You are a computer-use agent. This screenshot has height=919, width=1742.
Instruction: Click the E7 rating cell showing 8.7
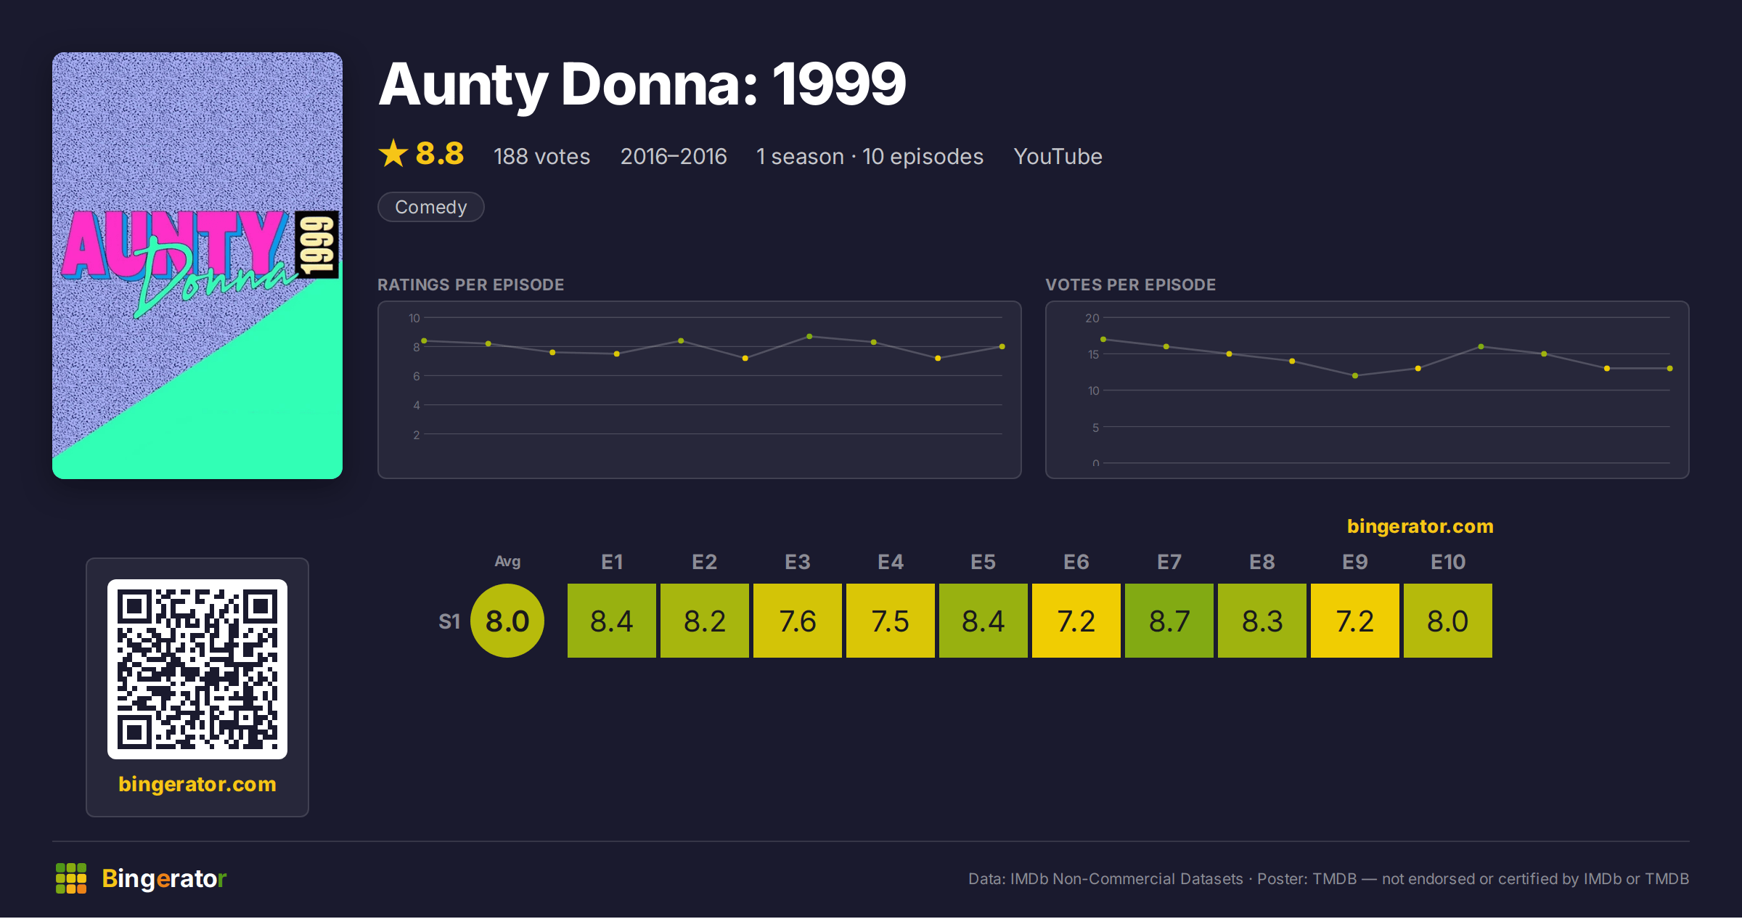[x=1169, y=621]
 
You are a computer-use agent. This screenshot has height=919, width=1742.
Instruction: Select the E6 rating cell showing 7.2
[x=1076, y=621]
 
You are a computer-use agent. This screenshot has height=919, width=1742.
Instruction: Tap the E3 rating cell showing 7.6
[x=797, y=621]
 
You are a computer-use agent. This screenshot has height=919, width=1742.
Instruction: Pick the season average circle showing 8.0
[x=507, y=621]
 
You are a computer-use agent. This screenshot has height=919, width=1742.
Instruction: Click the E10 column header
[x=1448, y=562]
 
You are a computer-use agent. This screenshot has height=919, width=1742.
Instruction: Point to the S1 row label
[x=449, y=621]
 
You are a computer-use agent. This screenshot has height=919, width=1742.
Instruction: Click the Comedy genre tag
[x=431, y=207]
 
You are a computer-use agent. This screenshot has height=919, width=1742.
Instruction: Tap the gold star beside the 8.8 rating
[x=393, y=153]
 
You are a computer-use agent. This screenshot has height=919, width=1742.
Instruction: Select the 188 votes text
[x=541, y=156]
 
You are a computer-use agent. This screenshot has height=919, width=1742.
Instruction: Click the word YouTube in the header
[x=1058, y=156]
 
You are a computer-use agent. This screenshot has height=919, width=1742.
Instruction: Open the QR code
[x=197, y=669]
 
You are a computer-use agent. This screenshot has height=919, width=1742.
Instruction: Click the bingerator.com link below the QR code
[x=197, y=784]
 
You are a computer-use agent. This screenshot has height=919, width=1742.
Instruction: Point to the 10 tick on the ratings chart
[x=414, y=318]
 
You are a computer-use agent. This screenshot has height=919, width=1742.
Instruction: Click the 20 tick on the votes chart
[x=1092, y=318]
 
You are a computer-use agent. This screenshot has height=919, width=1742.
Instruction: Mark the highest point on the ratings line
[x=809, y=336]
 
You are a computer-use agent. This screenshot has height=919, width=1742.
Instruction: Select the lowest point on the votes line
[x=1355, y=375]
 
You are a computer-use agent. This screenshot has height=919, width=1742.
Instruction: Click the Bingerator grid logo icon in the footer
[x=71, y=878]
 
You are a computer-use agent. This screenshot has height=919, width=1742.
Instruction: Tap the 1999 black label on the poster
[x=317, y=245]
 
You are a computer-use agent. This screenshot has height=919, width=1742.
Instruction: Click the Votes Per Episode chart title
[x=1130, y=285]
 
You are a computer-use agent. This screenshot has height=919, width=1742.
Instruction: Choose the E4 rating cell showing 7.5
[x=890, y=621]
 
